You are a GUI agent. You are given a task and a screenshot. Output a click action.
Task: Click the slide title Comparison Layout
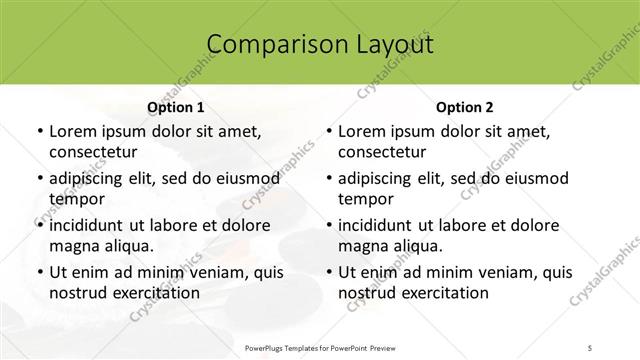tap(320, 45)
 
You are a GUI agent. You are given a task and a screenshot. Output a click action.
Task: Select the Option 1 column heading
tap(175, 107)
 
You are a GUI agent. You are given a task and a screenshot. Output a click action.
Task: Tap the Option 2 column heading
tap(465, 107)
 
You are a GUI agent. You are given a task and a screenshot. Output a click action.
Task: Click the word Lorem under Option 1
tap(73, 131)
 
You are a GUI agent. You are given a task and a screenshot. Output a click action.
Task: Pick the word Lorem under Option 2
tap(362, 131)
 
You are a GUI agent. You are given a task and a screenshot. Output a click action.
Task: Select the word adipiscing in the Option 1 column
tap(90, 178)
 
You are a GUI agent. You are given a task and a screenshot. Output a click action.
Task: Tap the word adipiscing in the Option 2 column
tap(379, 178)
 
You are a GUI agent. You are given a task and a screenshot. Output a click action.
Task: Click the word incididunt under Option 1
tap(90, 225)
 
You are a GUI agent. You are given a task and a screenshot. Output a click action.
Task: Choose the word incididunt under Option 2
tap(379, 225)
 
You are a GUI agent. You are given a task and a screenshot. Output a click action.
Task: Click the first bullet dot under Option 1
tap(39, 132)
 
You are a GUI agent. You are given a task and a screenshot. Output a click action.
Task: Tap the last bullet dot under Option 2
tap(328, 273)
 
